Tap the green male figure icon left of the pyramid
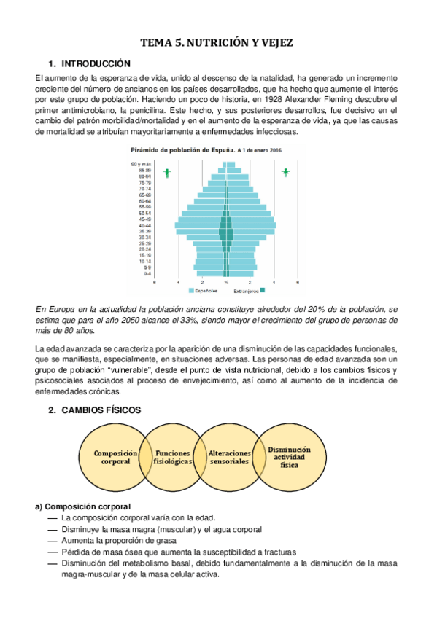pos(168,173)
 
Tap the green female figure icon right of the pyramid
pos(286,173)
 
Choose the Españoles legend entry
pos(206,291)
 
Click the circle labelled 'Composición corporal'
pos(112,457)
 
